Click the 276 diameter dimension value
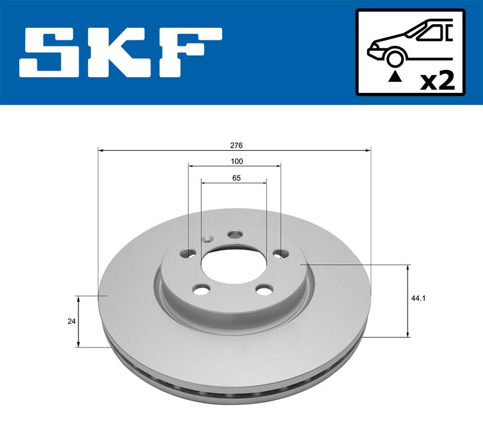[x=236, y=145]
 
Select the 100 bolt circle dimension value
[x=237, y=161]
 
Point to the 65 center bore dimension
[x=236, y=178]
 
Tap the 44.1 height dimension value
[x=418, y=298]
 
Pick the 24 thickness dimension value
[x=71, y=322]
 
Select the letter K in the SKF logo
[x=123, y=52]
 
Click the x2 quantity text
[x=437, y=81]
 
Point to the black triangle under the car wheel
[x=395, y=77]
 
